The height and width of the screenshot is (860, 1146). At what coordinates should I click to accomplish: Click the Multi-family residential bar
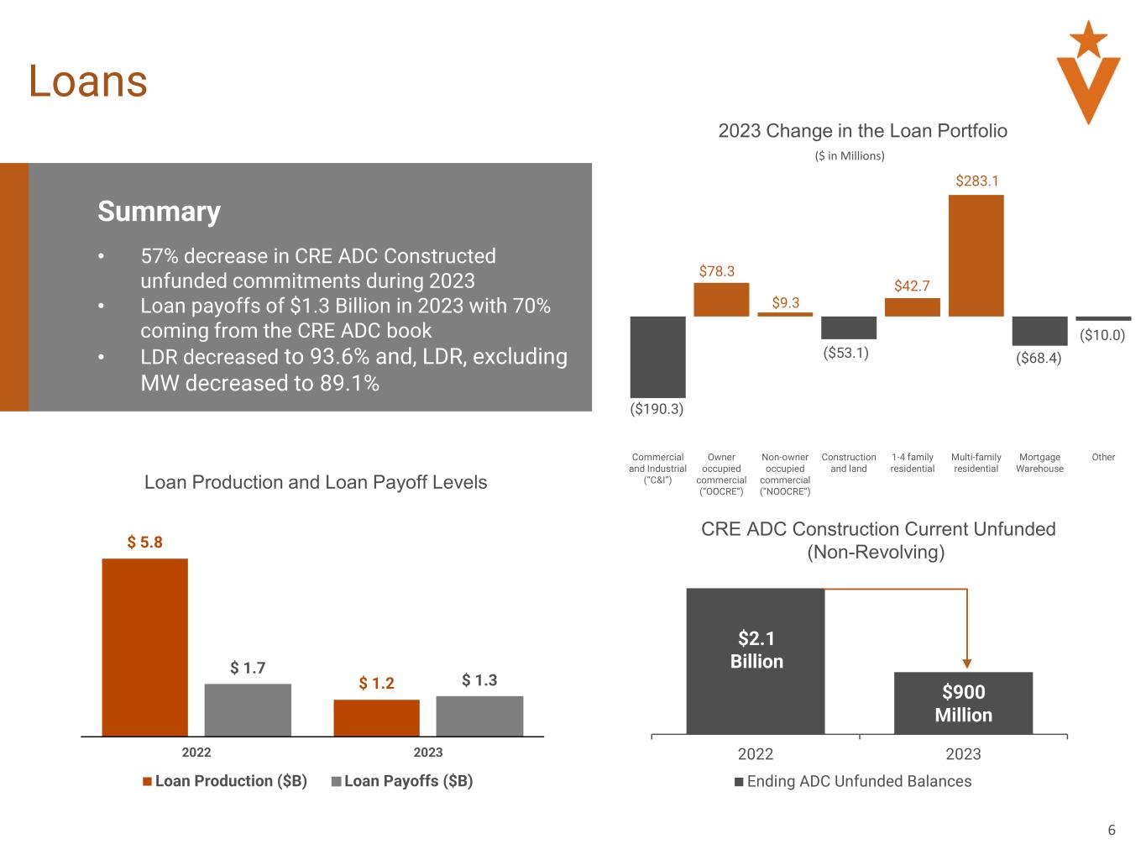pyautogui.click(x=976, y=255)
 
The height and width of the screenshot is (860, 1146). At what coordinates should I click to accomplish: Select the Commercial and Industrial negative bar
pyautogui.click(x=657, y=356)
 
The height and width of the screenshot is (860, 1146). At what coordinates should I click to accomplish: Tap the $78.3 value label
pyautogui.click(x=717, y=271)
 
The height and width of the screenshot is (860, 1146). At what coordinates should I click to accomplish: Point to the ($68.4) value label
pyautogui.click(x=1039, y=359)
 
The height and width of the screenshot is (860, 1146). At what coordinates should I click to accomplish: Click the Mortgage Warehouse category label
pyautogui.click(x=1039, y=463)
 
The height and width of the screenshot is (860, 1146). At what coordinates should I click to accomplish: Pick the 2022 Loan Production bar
pyautogui.click(x=144, y=647)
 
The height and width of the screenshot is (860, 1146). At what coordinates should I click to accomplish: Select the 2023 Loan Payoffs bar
pyautogui.click(x=479, y=716)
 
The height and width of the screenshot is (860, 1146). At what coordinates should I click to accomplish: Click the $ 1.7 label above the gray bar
pyautogui.click(x=248, y=669)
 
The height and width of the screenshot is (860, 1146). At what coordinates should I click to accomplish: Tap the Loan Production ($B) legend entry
pyautogui.click(x=224, y=781)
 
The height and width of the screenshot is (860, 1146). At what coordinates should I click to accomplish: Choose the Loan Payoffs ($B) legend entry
pyautogui.click(x=402, y=781)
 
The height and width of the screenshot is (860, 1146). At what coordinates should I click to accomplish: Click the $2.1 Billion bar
pyautogui.click(x=756, y=660)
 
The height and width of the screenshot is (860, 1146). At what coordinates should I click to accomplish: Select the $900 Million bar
pyautogui.click(x=963, y=703)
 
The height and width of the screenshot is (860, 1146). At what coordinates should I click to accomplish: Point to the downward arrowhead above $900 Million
pyautogui.click(x=967, y=663)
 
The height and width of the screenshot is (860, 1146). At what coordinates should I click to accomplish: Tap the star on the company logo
pyautogui.click(x=1089, y=38)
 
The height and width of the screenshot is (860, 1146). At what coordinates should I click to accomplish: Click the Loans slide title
pyautogui.click(x=88, y=81)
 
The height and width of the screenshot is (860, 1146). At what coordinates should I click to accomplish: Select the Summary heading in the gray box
pyautogui.click(x=159, y=211)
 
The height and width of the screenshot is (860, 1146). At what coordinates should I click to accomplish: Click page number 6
pyautogui.click(x=1112, y=831)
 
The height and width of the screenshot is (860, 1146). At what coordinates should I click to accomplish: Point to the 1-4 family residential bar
pyautogui.click(x=912, y=307)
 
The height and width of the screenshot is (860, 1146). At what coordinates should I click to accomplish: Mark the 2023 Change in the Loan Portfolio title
pyautogui.click(x=862, y=131)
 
